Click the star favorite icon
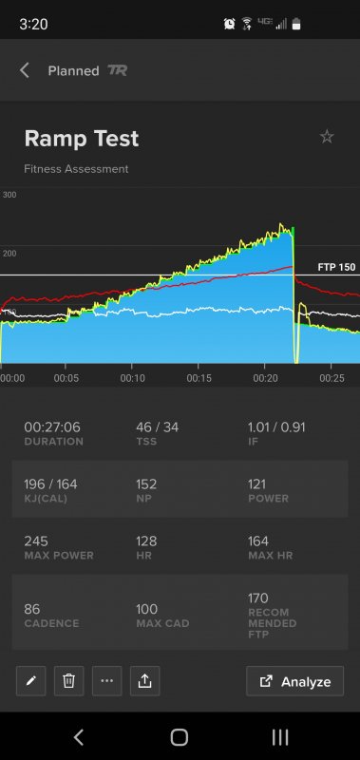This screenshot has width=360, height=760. pyautogui.click(x=327, y=137)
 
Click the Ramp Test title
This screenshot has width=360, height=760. pyautogui.click(x=82, y=139)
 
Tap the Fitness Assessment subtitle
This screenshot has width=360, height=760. pyautogui.click(x=76, y=169)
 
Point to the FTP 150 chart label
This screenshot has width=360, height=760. pyautogui.click(x=336, y=267)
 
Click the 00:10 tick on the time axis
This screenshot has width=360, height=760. pyautogui.click(x=133, y=378)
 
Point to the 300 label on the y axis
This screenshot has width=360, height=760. pyautogui.click(x=9, y=195)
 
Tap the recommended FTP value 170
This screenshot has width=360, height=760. pyautogui.click(x=258, y=598)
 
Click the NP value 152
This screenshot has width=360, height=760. pyautogui.click(x=147, y=484)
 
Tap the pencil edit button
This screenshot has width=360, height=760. pyautogui.click(x=31, y=680)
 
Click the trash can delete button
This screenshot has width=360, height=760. pyautogui.click(x=68, y=680)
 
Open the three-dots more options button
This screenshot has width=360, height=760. pyautogui.click(x=106, y=680)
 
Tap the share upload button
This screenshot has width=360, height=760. pyautogui.click(x=144, y=680)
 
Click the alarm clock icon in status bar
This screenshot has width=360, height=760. pyautogui.click(x=229, y=23)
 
